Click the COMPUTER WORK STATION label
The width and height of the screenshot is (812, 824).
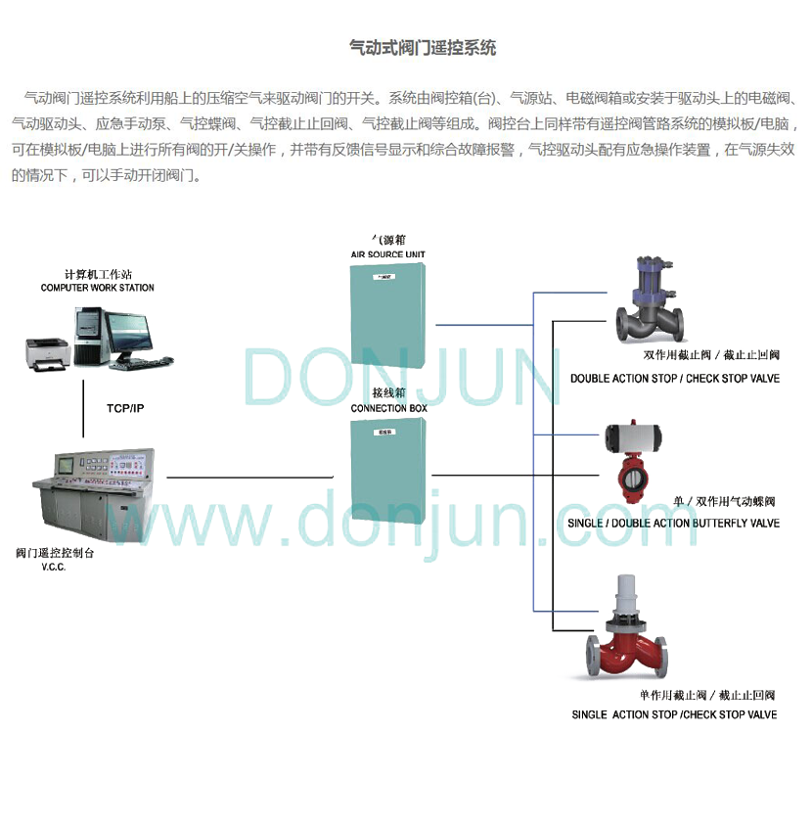97,288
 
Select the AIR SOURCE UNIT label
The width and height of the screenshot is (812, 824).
388,254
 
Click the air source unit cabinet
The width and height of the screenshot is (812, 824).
389,313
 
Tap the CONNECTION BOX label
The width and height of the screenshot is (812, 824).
388,408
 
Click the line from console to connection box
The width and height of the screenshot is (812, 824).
249,477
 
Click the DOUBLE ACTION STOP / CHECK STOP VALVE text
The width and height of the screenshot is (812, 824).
675,379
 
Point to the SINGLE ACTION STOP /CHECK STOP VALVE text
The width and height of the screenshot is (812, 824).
674,715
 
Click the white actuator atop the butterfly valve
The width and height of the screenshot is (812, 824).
636,437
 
